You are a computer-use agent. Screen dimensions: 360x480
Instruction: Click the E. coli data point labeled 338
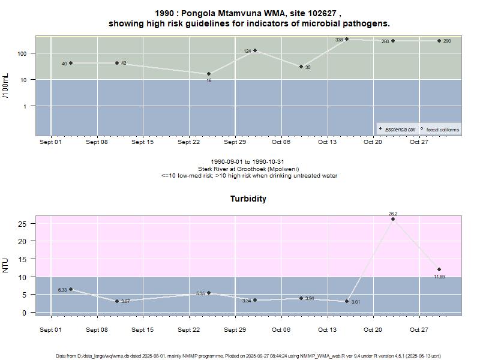[347, 39]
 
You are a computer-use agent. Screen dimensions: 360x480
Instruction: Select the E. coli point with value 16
[209, 74]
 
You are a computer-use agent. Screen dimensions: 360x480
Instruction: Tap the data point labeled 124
[255, 50]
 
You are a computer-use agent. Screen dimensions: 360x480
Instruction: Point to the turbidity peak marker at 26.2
[393, 219]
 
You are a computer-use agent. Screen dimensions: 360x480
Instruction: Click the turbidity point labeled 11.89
[439, 269]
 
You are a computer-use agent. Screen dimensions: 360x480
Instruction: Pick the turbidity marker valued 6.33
[71, 289]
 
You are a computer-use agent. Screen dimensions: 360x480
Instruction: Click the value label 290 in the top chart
[447, 41]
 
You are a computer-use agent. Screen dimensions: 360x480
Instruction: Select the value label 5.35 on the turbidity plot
[201, 293]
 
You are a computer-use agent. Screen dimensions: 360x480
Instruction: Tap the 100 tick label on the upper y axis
[23, 53]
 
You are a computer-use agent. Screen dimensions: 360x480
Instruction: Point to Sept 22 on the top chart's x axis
[188, 142]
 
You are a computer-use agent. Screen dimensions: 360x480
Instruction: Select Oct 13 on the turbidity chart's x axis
[327, 330]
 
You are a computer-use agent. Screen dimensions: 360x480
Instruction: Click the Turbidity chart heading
[248, 199]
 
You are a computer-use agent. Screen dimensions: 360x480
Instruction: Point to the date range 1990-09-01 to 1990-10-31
[249, 162]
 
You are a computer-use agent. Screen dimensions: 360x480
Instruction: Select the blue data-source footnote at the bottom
[249, 356]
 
